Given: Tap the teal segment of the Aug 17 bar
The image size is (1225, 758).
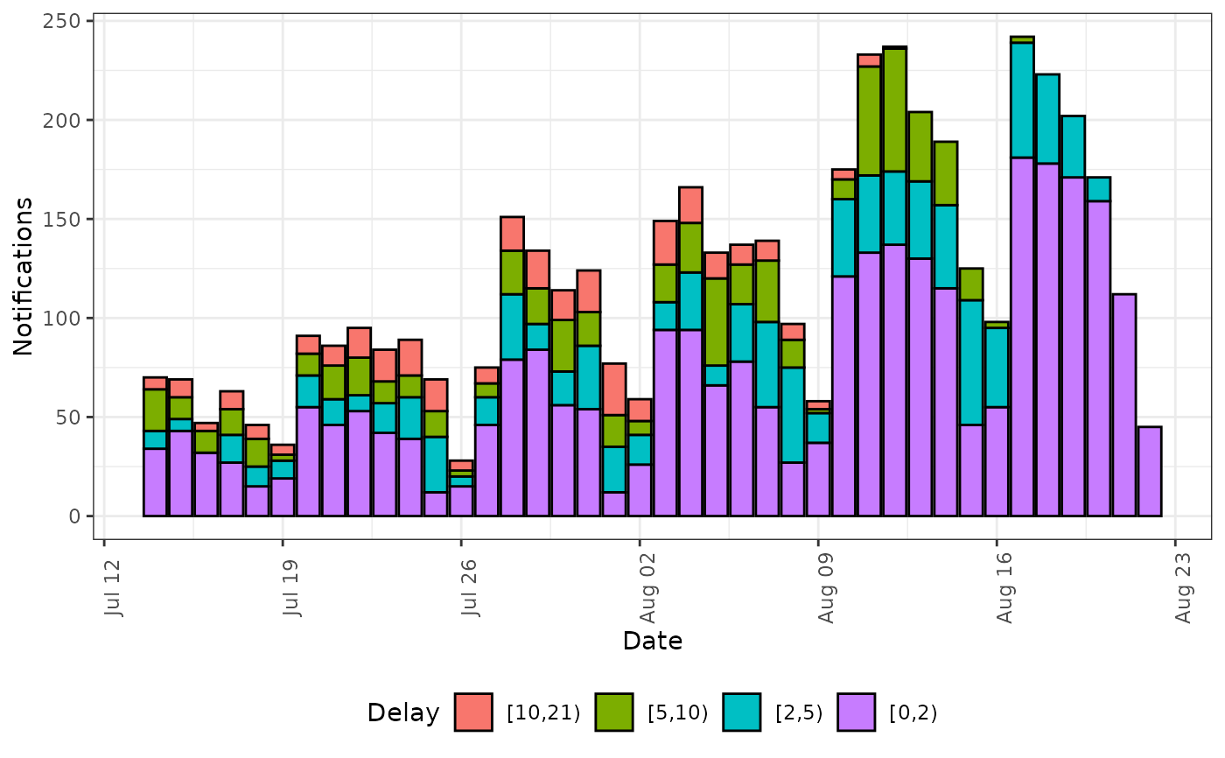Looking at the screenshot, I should [x=1022, y=101].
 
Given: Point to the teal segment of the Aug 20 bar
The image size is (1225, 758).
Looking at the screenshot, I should [x=1099, y=189].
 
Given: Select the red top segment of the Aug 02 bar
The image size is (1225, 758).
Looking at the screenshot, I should [x=640, y=410].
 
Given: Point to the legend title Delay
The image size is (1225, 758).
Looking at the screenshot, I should [x=403, y=713].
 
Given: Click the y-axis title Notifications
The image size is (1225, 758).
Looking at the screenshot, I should [x=24, y=276].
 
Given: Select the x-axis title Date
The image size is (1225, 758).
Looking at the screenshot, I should [x=653, y=642].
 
